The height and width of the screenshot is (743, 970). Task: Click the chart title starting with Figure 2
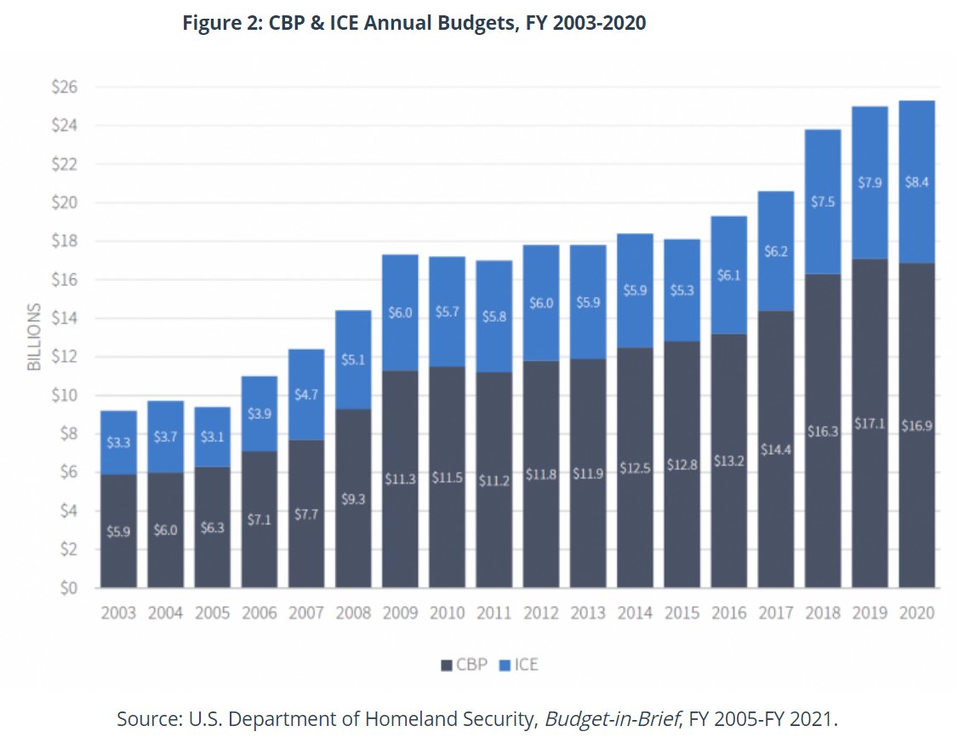point(414,23)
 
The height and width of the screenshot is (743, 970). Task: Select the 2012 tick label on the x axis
point(541,613)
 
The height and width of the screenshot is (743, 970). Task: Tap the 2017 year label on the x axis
point(776,613)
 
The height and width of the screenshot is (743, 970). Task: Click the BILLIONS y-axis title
point(34,338)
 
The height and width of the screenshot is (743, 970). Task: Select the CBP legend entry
point(465,665)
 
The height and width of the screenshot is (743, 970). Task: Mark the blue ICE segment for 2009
point(400,312)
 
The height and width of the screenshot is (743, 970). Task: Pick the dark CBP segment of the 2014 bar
point(635,467)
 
